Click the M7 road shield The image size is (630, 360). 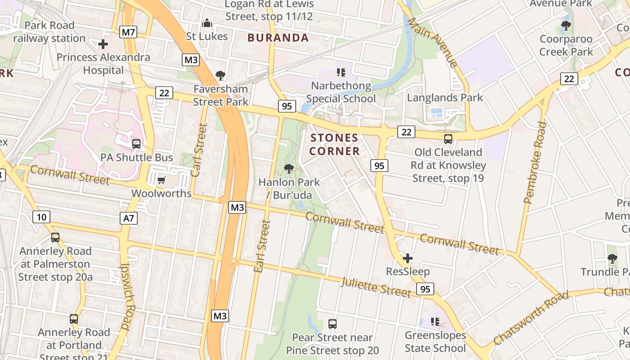click(x=129, y=32)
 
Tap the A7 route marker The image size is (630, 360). click(x=129, y=218)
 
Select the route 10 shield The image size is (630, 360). click(x=41, y=217)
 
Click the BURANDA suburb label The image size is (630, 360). click(x=278, y=38)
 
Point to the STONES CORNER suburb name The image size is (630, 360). click(x=334, y=144)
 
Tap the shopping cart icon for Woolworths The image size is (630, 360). click(x=161, y=180)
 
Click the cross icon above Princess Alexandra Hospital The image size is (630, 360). click(x=103, y=44)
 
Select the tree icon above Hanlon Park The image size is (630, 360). click(x=289, y=169)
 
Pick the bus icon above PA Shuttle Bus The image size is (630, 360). click(x=136, y=144)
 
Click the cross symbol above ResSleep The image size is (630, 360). click(x=408, y=258)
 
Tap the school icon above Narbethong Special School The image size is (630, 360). click(x=341, y=72)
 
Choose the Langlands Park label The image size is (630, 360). click(x=445, y=98)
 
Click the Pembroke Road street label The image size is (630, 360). click(x=535, y=162)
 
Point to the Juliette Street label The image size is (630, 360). click(x=376, y=288)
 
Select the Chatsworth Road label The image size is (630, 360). click(x=531, y=318)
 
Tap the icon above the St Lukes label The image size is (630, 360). click(x=207, y=23)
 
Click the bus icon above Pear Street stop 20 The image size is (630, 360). click(x=333, y=324)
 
